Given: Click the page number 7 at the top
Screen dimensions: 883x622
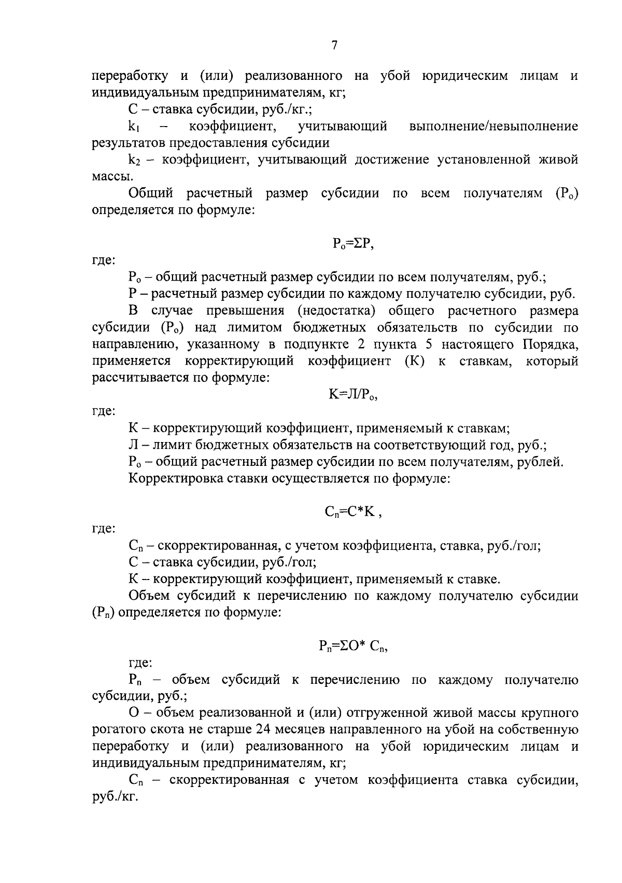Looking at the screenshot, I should (334, 46).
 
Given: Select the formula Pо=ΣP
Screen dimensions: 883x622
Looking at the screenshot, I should (353, 244).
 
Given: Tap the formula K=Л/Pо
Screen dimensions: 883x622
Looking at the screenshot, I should (353, 395).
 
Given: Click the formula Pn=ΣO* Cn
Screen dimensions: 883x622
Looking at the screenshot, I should (353, 646).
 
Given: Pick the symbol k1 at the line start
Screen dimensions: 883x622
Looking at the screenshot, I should (136, 127).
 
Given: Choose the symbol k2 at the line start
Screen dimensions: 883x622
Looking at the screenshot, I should (136, 161).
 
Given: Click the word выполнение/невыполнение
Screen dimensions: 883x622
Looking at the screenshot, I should (493, 126).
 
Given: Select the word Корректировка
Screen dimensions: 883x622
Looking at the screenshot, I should (176, 478).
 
